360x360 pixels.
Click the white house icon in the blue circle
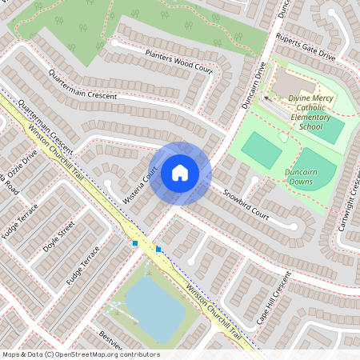(x=180, y=173)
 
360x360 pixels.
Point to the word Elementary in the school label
(x=309, y=118)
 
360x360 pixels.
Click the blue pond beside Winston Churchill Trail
(x=154, y=308)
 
